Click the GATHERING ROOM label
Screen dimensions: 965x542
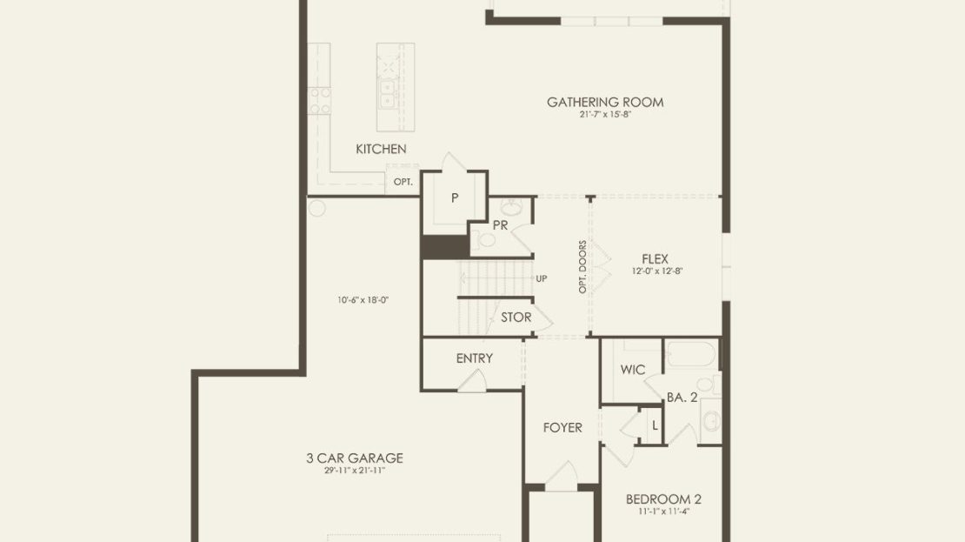[605, 103]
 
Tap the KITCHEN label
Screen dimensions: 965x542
[381, 149]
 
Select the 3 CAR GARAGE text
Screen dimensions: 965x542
[355, 458]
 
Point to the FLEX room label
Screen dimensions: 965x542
[655, 259]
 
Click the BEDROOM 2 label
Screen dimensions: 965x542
[663, 499]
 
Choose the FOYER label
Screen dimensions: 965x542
[562, 427]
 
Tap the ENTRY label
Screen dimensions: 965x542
[475, 358]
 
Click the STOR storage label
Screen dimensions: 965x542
[516, 318]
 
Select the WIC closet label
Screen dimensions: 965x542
[633, 370]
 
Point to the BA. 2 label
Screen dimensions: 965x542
[682, 398]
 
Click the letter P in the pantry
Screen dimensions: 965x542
[455, 197]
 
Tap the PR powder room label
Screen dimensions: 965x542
[501, 226]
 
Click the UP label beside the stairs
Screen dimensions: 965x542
[542, 279]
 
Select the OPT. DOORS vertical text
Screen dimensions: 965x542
[582, 267]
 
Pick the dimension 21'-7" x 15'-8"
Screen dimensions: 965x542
[605, 115]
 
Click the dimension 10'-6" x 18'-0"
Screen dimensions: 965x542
[363, 300]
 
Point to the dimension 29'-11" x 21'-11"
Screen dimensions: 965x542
[355, 471]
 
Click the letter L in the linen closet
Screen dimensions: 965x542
[655, 425]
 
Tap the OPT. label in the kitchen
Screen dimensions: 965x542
[403, 183]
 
